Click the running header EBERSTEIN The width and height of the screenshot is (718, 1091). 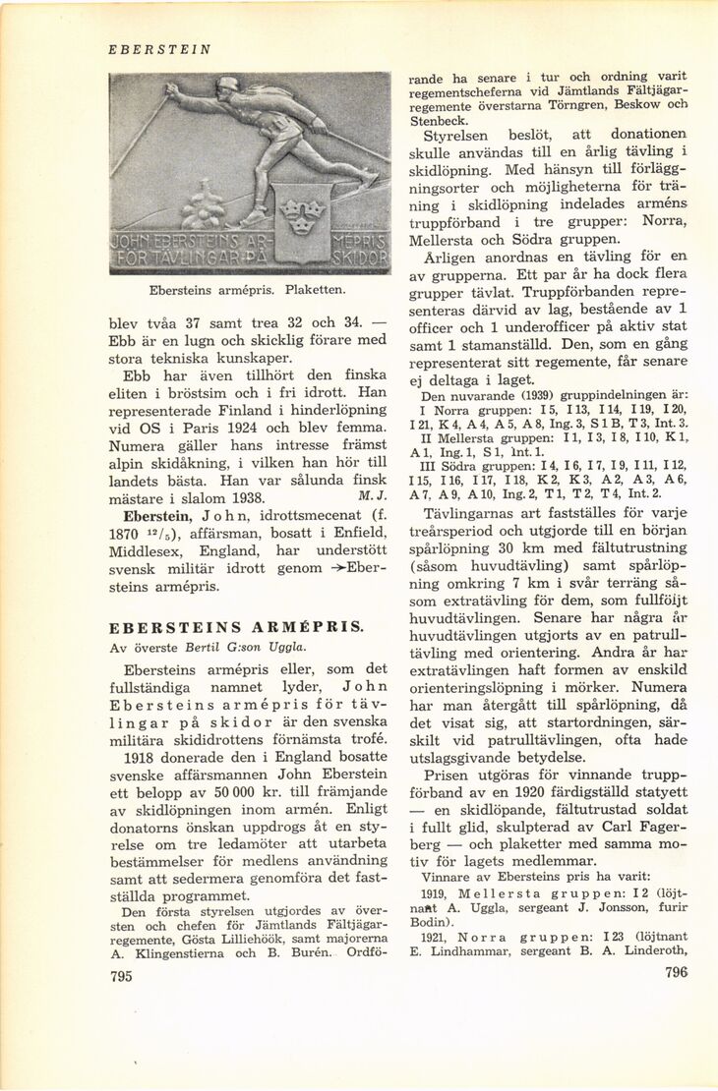click(158, 49)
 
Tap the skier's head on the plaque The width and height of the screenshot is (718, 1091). click(228, 87)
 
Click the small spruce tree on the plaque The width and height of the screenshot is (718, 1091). click(205, 208)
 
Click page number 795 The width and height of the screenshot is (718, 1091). click(122, 976)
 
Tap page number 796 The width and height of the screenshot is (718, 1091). click(676, 973)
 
